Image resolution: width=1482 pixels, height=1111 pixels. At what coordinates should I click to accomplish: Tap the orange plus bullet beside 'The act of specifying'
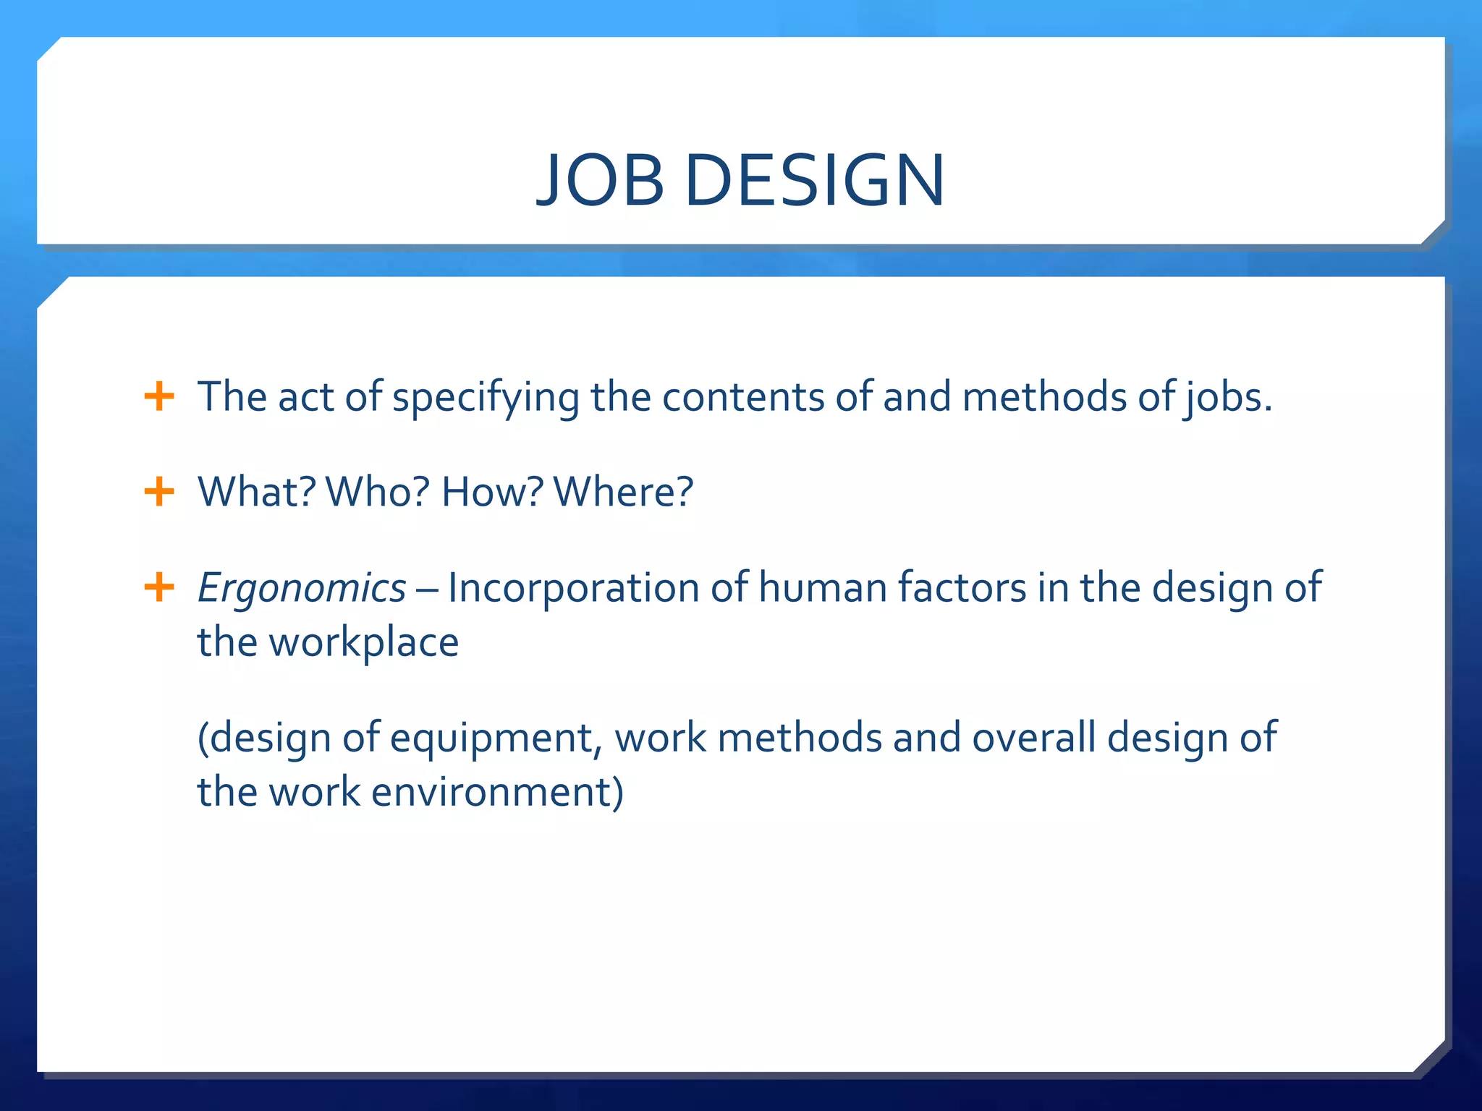(x=159, y=397)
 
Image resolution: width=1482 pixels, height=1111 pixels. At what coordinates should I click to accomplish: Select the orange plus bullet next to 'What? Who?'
(x=159, y=493)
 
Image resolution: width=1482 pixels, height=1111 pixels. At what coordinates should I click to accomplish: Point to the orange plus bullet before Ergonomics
(x=159, y=587)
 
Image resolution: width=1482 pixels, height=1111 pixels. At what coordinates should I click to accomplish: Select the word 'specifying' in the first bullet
(x=486, y=399)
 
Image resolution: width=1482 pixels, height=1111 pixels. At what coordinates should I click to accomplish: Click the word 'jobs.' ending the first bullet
(x=1228, y=399)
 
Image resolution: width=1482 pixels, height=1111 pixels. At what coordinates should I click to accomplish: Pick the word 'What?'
(x=257, y=493)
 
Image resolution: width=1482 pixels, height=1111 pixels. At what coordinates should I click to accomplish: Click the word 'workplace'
(x=364, y=643)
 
